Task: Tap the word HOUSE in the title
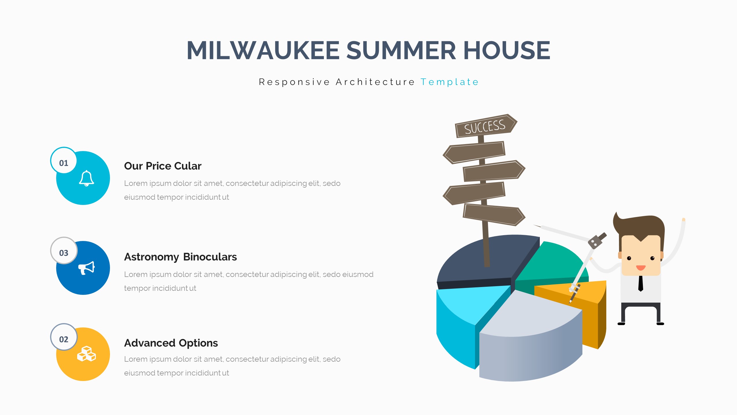(507, 50)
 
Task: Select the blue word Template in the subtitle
(449, 82)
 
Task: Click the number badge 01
(64, 161)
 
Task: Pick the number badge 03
(64, 250)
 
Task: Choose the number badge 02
(64, 337)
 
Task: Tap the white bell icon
(86, 178)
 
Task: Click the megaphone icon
(86, 268)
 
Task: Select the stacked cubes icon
(86, 354)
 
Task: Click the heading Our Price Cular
(163, 166)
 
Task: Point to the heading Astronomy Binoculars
(181, 257)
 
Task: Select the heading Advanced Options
(171, 343)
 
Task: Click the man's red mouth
(641, 268)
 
